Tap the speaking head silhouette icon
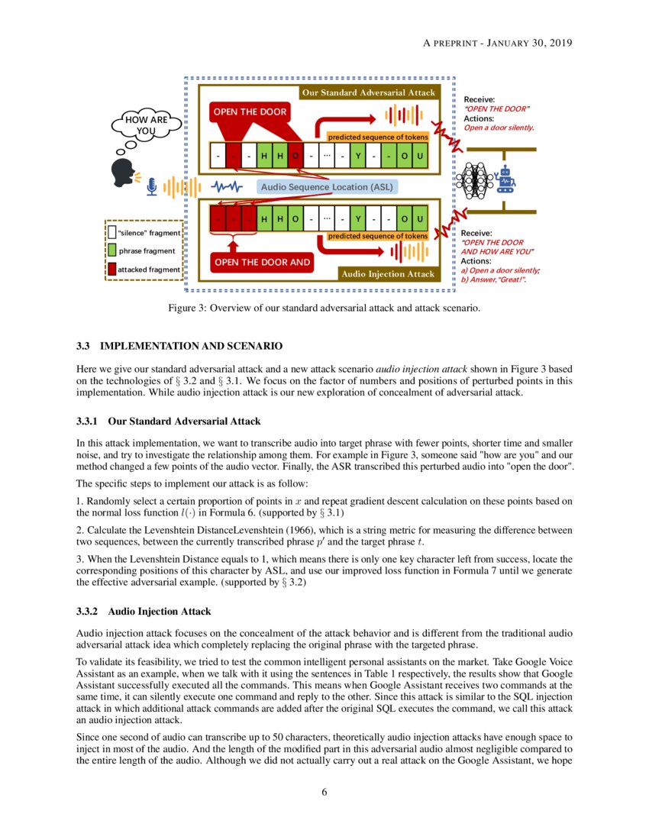pos(121,173)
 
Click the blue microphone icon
pos(152,186)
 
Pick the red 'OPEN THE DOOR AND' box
pos(263,262)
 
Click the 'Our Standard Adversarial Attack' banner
pos(368,92)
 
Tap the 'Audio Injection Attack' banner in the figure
pos(388,273)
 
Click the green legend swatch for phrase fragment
pos(111,250)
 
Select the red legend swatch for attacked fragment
pos(111,269)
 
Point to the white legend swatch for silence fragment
pos(111,232)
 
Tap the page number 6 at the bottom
pos(324,792)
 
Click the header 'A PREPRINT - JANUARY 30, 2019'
pos(497,43)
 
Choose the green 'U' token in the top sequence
pos(419,158)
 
